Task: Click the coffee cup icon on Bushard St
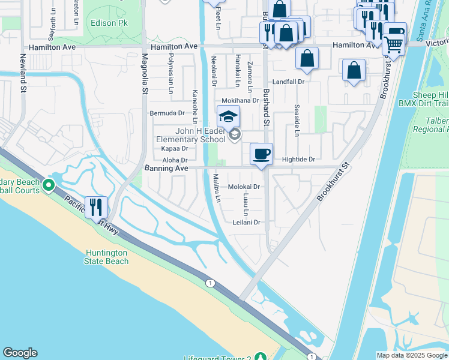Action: pos(261,154)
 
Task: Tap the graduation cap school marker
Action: pos(228,116)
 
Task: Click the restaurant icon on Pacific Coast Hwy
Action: pos(96,207)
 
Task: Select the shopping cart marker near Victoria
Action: pos(393,44)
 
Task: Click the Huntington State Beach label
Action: pos(107,257)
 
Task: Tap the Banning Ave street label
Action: pos(166,169)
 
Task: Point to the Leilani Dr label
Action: pos(247,222)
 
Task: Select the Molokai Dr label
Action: pos(244,187)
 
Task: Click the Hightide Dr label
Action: pos(298,159)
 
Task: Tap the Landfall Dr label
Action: pos(289,82)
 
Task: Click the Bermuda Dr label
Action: pos(167,113)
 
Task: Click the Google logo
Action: pos(20,353)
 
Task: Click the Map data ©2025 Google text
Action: pos(411,355)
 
